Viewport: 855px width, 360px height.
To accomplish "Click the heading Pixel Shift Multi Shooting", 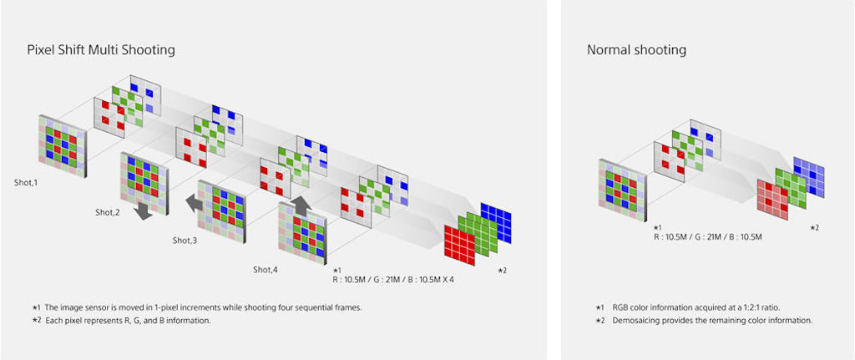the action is point(101,50).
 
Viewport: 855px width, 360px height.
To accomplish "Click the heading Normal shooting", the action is point(636,50).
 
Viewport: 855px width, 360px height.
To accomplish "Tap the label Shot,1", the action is point(26,183).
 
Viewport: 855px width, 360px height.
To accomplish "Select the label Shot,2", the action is point(108,213).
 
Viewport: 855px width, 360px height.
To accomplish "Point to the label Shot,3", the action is point(185,240).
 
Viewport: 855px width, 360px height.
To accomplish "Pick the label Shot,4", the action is point(266,269).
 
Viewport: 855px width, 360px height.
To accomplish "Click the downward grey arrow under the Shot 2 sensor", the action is point(144,210).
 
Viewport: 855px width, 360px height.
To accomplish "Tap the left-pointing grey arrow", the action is point(195,204).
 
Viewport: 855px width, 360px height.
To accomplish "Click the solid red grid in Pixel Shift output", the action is point(460,246).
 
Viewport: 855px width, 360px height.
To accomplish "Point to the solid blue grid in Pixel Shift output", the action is point(496,223).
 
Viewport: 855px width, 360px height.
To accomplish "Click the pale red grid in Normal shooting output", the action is point(772,199).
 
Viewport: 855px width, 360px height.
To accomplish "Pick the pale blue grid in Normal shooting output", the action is point(808,177).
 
